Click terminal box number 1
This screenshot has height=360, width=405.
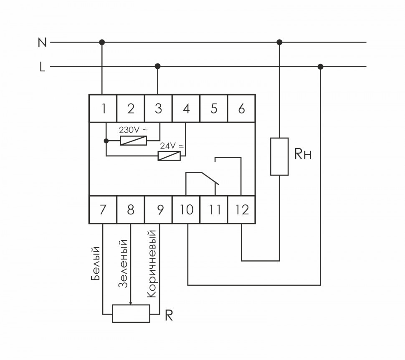click(103, 108)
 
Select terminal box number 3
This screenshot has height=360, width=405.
click(158, 108)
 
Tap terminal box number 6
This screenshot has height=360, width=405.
click(241, 108)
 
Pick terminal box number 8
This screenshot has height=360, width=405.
click(131, 209)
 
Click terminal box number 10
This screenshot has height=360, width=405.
click(187, 209)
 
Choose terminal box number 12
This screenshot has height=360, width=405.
click(241, 209)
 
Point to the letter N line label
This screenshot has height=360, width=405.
click(42, 43)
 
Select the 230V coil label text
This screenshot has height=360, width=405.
click(133, 130)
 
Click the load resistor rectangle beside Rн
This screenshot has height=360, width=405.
click(279, 156)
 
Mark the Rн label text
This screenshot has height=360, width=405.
click(303, 155)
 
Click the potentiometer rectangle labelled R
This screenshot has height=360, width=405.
click(131, 314)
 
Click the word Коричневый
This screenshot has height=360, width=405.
click(152, 263)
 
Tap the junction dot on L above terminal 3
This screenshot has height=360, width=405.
click(158, 66)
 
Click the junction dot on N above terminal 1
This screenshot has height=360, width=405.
click(102, 42)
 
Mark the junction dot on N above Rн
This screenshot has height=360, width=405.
click(279, 42)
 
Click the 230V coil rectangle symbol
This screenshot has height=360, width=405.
click(133, 141)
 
